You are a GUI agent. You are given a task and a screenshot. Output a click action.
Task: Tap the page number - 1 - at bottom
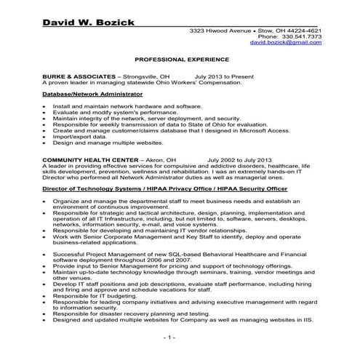tap(169, 338)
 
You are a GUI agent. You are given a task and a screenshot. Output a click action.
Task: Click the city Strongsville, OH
tap(145, 76)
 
